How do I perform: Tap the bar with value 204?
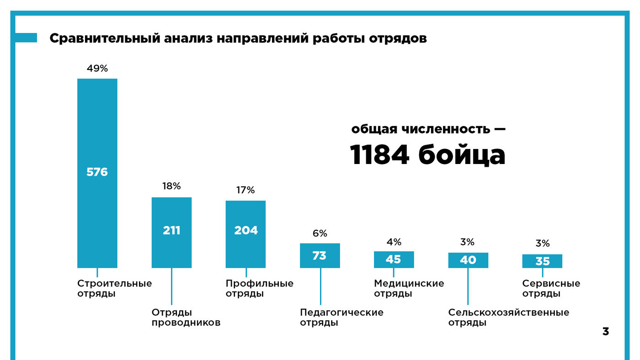(x=245, y=233)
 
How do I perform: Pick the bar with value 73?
(x=320, y=255)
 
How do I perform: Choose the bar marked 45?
(x=394, y=259)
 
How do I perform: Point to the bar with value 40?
(x=468, y=260)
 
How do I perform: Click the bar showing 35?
(x=542, y=261)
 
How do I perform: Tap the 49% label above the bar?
(x=97, y=69)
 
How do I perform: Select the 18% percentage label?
(x=171, y=186)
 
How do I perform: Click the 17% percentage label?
(x=245, y=190)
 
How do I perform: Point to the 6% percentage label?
(x=320, y=233)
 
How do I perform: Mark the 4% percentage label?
(x=394, y=242)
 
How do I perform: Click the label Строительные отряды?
(x=114, y=288)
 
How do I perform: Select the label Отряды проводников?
(x=186, y=318)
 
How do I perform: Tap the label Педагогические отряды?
(x=341, y=318)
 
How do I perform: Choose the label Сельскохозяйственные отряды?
(x=508, y=318)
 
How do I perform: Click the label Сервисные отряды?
(x=551, y=288)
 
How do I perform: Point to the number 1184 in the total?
(x=379, y=155)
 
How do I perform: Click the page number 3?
(x=605, y=332)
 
